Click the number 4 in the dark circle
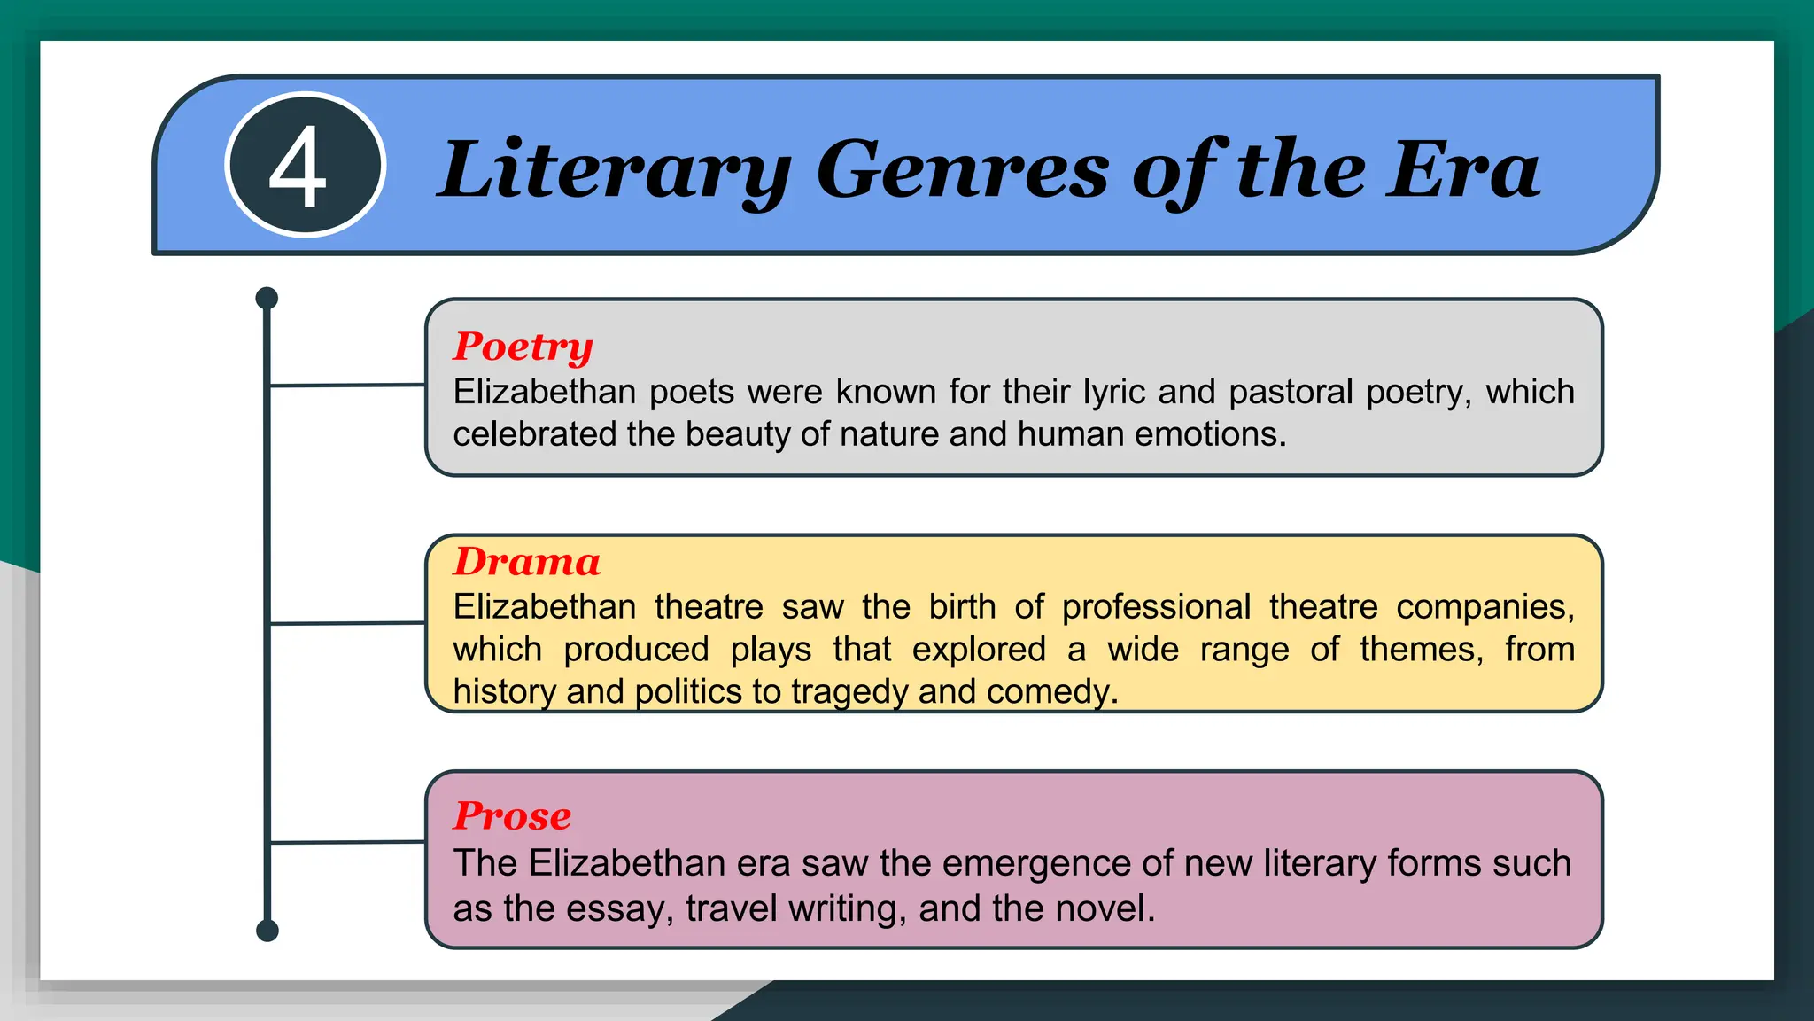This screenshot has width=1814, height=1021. (298, 167)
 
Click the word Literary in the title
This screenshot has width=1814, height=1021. (614, 170)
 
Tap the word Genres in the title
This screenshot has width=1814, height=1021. (962, 170)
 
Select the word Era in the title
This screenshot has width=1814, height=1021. (1463, 170)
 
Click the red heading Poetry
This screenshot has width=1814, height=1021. (523, 347)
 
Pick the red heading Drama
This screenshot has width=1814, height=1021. (527, 562)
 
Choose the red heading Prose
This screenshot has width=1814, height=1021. (512, 815)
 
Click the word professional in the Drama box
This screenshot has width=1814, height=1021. (1156, 607)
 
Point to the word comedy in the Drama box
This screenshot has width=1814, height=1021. (1051, 691)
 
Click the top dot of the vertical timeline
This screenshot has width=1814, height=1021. (267, 298)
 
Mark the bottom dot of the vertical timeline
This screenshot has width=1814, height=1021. (267, 931)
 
